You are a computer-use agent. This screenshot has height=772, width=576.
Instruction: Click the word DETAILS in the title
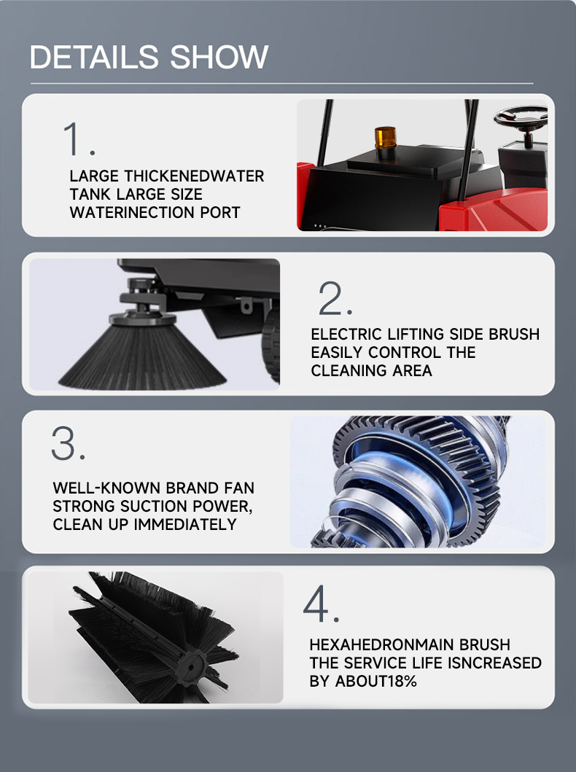click(x=94, y=57)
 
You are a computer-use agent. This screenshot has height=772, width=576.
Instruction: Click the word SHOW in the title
click(x=219, y=57)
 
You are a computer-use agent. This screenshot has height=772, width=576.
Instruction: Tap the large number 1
click(x=79, y=139)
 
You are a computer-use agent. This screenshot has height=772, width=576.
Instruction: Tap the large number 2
click(x=335, y=298)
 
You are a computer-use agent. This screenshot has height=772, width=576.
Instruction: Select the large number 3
click(x=69, y=443)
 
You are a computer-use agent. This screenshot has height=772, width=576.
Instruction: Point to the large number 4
click(x=321, y=604)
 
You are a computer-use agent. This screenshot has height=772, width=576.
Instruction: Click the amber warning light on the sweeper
click(x=386, y=137)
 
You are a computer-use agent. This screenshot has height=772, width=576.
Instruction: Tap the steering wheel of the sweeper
click(x=520, y=117)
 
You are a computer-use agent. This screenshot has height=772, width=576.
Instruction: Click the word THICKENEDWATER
click(x=194, y=176)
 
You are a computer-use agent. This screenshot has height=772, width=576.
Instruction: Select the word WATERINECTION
click(x=132, y=212)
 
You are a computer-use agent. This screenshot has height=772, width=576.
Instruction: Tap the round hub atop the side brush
click(x=142, y=319)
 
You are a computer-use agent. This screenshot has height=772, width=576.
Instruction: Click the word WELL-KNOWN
click(x=106, y=488)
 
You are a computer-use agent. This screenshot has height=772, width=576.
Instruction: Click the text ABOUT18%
click(x=376, y=681)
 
